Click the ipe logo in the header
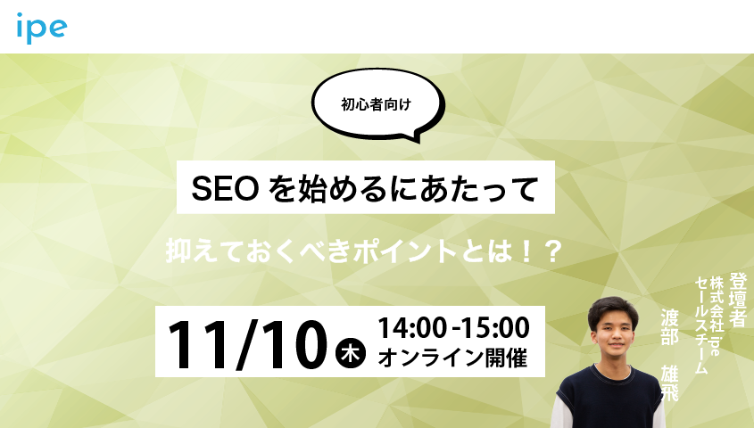click(x=41, y=28)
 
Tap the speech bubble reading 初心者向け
click(x=377, y=103)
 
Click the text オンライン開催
click(x=452, y=358)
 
